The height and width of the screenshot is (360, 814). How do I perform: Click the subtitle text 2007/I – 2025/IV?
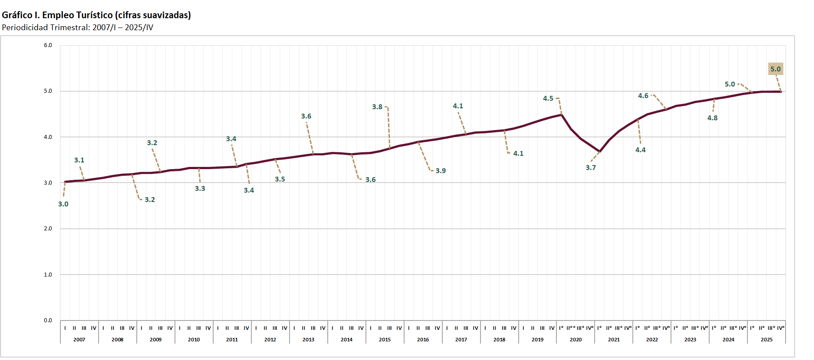(123, 28)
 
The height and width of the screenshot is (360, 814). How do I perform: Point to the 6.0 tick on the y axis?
(48, 45)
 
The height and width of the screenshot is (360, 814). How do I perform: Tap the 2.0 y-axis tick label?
(48, 229)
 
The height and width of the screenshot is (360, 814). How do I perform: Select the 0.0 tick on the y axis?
(48, 320)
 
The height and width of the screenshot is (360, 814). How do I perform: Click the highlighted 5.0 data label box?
(775, 69)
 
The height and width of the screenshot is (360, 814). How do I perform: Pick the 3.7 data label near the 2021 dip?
(591, 168)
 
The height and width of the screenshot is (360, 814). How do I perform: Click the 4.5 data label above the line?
(548, 99)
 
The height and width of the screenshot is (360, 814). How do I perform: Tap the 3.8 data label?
(377, 107)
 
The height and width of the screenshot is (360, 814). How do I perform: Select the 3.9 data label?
(441, 171)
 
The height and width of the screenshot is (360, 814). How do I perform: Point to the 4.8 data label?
(712, 118)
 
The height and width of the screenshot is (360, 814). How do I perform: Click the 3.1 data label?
(79, 160)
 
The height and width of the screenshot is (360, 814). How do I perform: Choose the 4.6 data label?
(643, 96)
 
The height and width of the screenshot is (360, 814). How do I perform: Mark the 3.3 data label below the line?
(200, 189)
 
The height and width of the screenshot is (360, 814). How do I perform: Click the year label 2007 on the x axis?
(79, 340)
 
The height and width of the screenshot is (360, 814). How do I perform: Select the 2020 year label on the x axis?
(576, 340)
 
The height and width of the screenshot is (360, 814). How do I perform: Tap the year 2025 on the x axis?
(766, 340)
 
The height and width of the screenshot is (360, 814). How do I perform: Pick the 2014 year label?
(346, 340)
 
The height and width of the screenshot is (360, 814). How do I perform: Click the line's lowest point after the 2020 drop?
(600, 152)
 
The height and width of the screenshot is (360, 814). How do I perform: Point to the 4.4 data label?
(640, 150)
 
